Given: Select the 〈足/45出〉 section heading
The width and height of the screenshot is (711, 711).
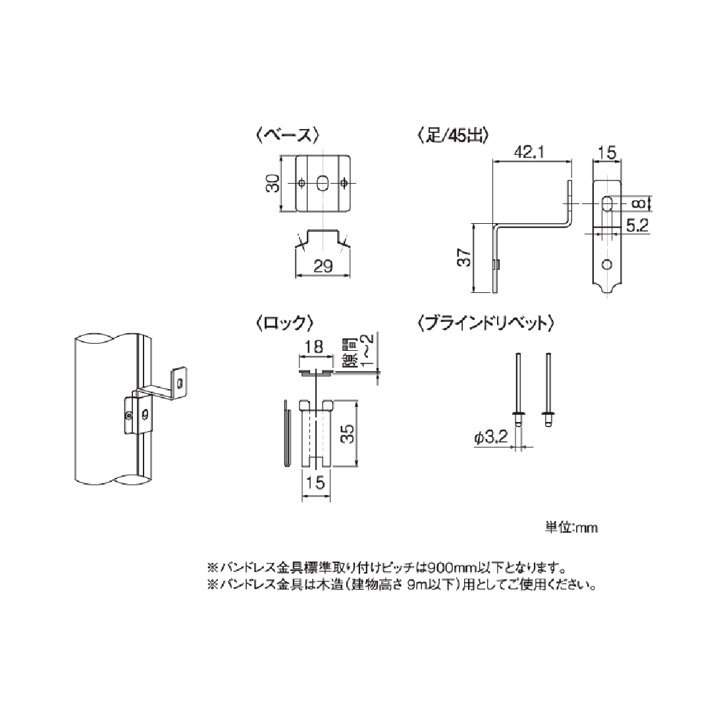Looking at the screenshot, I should coord(452,136).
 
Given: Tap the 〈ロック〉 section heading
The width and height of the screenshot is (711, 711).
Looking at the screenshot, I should coord(282,323).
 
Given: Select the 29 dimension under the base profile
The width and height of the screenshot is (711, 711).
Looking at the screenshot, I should coord(323,265).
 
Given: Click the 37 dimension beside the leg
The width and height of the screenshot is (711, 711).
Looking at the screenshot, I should coord(463,258).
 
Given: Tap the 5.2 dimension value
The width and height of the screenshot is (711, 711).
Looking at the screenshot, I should coord(637,226).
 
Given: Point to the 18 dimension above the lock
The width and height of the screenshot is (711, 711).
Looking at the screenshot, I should coord(315,346).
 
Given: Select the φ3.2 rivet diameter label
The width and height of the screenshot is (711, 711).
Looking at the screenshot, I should coord(490,437).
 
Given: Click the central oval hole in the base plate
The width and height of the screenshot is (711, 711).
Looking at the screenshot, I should coord(323,183).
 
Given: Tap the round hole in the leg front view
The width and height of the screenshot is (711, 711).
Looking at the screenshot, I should coord(607,264).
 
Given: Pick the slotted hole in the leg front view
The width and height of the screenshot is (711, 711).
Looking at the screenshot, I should coord(607,203).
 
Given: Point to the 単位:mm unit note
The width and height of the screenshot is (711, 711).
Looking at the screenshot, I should coord(571,527).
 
